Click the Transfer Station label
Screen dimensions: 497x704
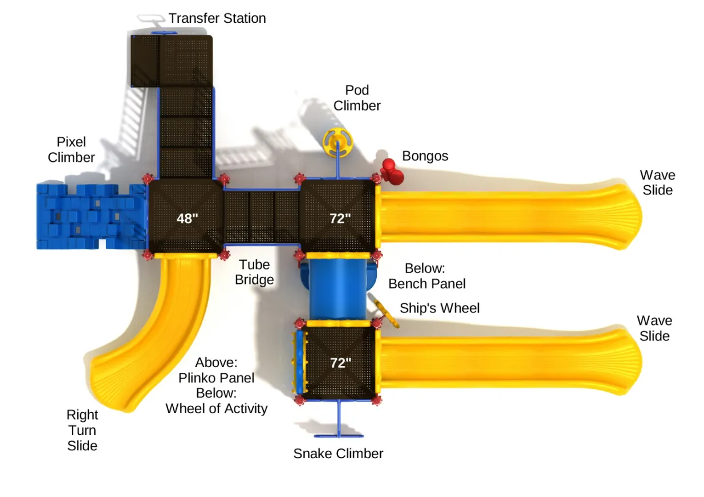217,18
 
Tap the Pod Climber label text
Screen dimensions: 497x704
357,98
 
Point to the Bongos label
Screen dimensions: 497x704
425,156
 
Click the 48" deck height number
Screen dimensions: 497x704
187,218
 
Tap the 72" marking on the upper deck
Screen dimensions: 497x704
340,218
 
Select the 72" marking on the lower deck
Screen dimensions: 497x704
340,362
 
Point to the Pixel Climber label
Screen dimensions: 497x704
71,149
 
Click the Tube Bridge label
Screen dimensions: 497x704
254,272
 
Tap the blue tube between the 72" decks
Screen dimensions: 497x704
337,288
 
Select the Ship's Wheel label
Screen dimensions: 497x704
439,308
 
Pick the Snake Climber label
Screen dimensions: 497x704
338,454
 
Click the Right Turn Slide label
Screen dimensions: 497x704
82,430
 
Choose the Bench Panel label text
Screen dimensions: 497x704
427,283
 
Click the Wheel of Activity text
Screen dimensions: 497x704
217,409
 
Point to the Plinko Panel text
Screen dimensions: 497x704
217,378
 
